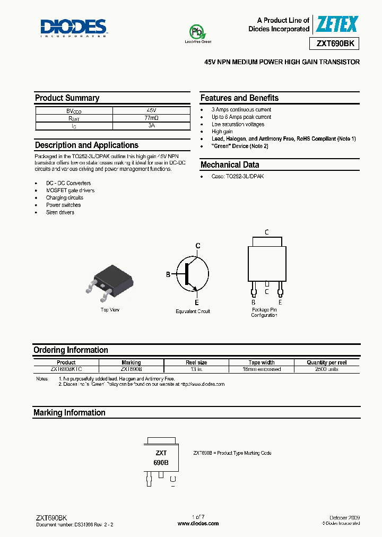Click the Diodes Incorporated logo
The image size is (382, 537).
[x=74, y=27]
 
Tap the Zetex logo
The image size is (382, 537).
[x=337, y=24]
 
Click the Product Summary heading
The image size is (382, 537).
[x=67, y=98]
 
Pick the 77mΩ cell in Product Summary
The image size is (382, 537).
[x=152, y=118]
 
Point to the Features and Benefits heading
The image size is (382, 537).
[x=239, y=98]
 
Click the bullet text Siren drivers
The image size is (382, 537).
[x=60, y=212]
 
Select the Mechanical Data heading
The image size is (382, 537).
[x=230, y=164]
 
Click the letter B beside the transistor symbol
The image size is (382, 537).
[x=168, y=274]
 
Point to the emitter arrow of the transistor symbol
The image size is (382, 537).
[x=196, y=288]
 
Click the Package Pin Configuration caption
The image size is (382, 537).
[x=264, y=312]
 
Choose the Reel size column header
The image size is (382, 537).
[x=196, y=362]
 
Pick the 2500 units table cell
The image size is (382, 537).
[x=326, y=369]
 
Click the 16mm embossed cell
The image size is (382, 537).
[x=262, y=369]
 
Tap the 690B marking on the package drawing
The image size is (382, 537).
[x=161, y=462]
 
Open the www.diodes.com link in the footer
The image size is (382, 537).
[x=198, y=524]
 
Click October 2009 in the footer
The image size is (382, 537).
[x=344, y=517]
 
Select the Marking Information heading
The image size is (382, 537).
[x=70, y=413]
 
